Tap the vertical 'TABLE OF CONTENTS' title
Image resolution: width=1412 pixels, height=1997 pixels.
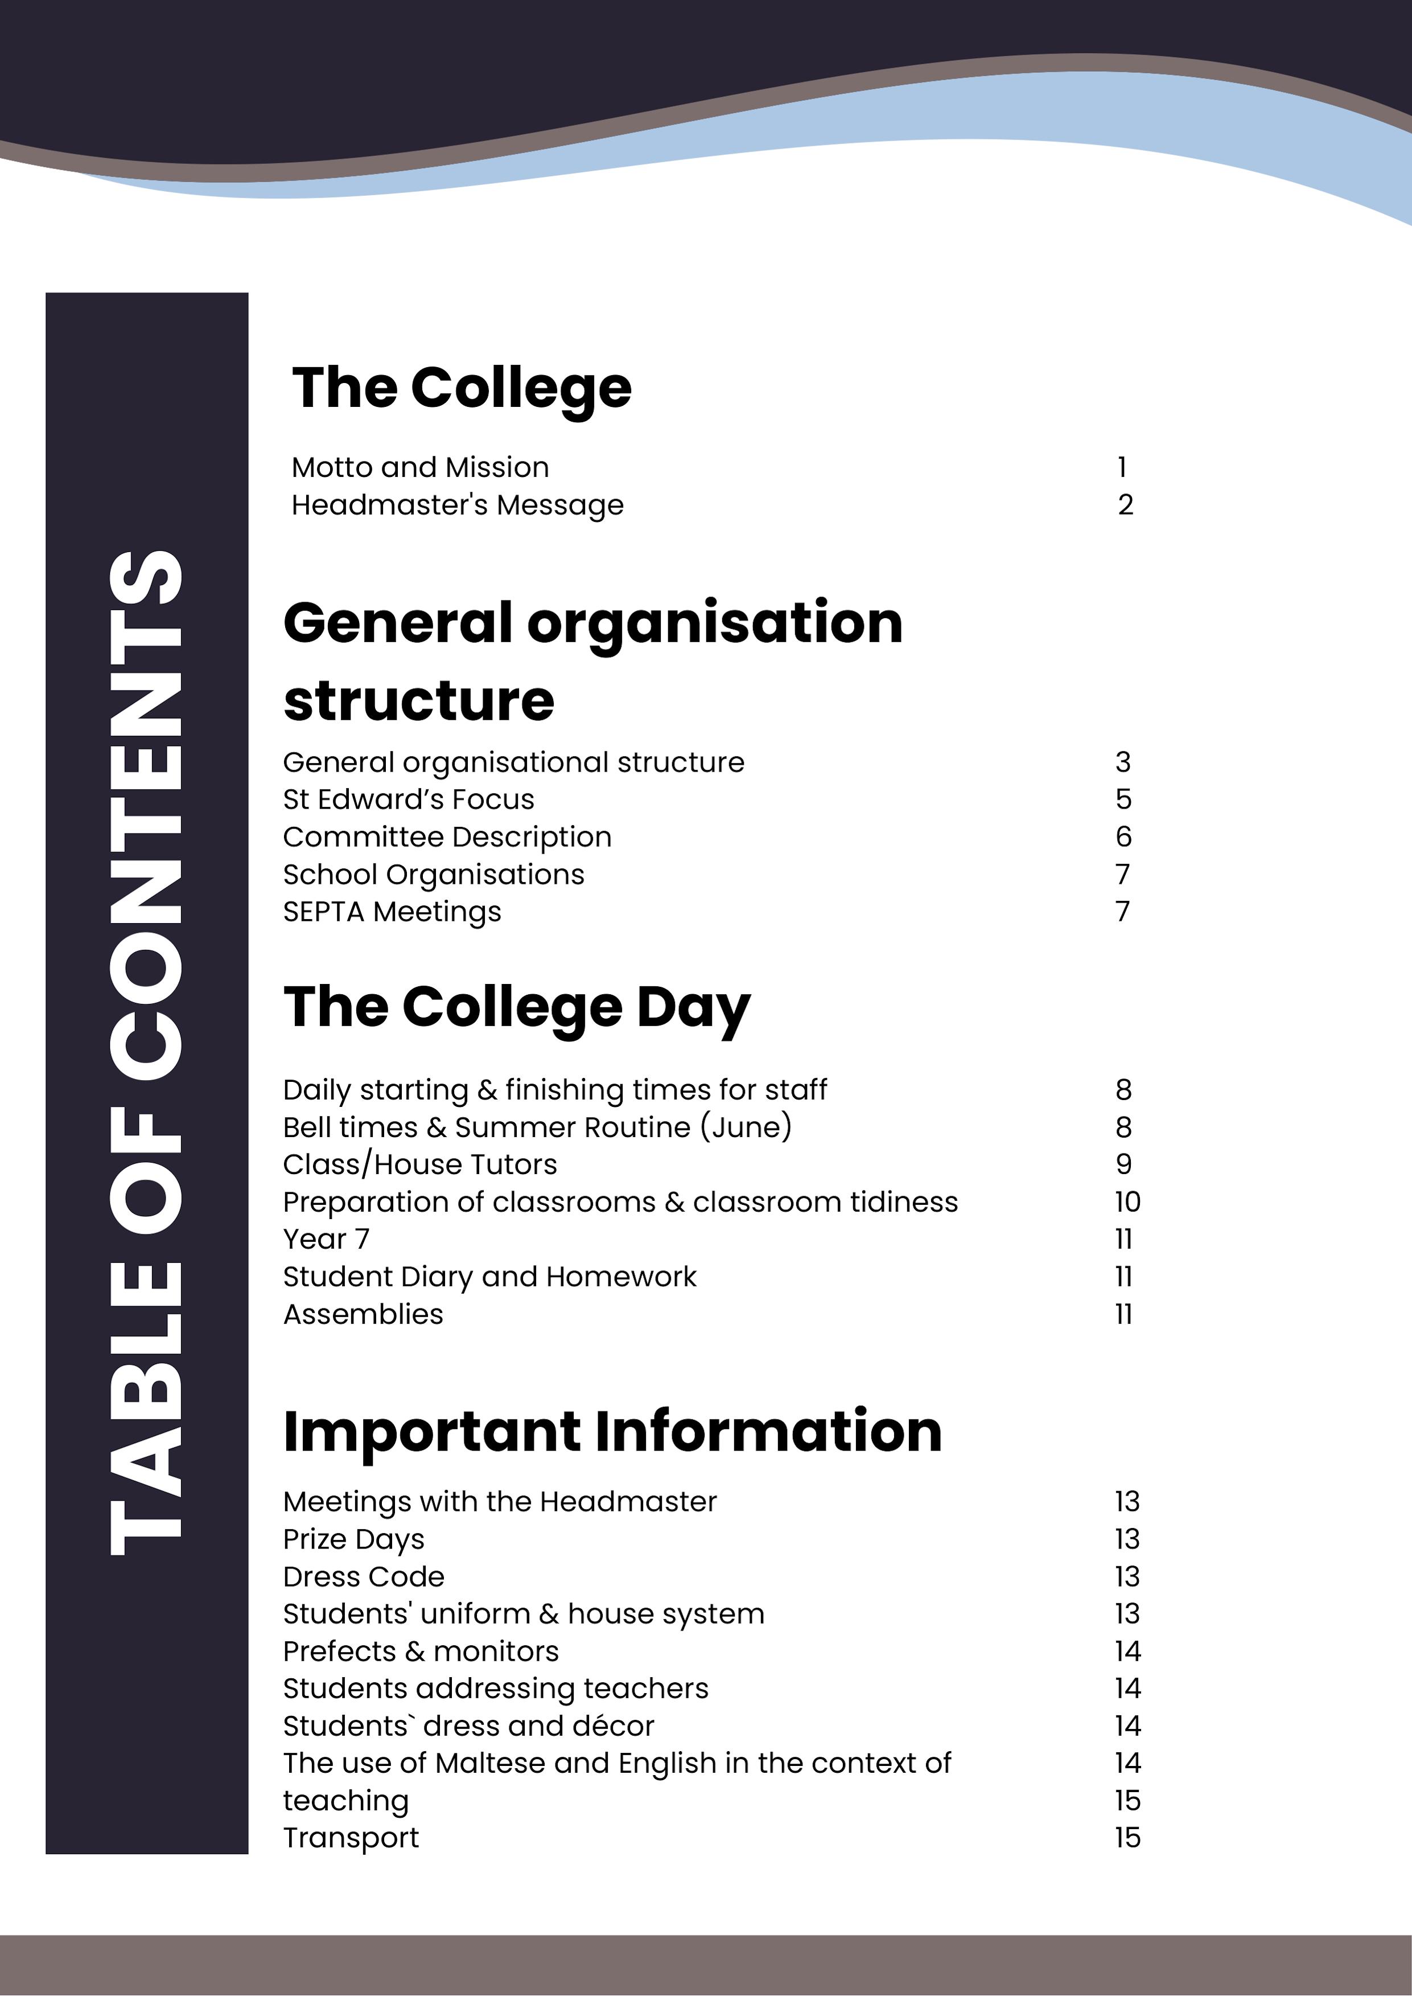pos(146,1052)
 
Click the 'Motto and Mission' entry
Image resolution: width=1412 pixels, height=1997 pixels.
pos(419,467)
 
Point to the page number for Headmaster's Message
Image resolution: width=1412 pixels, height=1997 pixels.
pos(1125,504)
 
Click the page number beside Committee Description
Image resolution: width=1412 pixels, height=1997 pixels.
pos(1123,837)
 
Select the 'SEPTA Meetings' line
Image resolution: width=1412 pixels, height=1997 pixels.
pos(392,912)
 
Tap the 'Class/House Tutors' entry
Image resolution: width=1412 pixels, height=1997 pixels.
pos(419,1164)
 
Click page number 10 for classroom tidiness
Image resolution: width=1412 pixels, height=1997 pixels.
pos(1127,1201)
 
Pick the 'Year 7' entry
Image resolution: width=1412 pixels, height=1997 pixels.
pos(326,1238)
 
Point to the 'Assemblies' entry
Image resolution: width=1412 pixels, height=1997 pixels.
pos(363,1314)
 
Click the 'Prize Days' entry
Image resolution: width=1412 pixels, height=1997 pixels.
pos(353,1539)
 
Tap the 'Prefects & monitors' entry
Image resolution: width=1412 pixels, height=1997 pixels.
pos(420,1651)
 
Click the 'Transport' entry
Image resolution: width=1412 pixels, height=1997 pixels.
pos(351,1838)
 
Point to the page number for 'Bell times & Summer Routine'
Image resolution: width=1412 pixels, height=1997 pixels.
pos(1123,1127)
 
